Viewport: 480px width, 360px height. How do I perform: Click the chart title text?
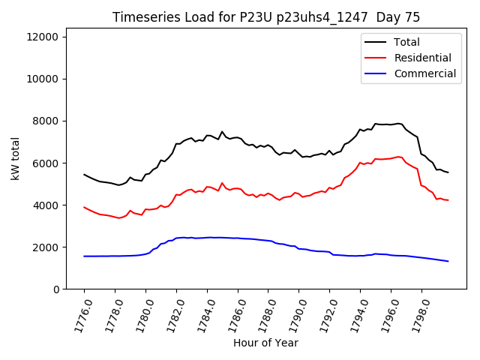(266, 17)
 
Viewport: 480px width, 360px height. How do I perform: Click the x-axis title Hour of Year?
(265, 343)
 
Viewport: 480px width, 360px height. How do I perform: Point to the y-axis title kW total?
(15, 158)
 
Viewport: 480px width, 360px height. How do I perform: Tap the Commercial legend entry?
(424, 73)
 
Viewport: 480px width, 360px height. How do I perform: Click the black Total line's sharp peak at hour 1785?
(222, 132)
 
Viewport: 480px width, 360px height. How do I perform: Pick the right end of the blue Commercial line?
(448, 261)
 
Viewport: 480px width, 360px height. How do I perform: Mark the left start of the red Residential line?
(84, 207)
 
